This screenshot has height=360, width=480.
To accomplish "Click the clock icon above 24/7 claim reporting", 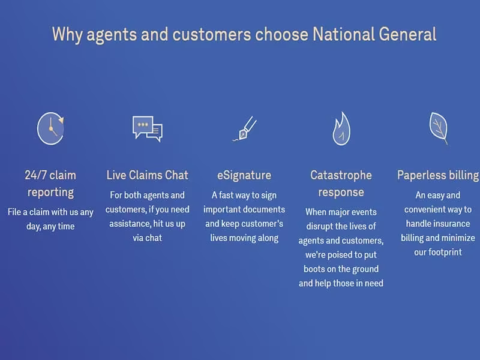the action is click(50, 128).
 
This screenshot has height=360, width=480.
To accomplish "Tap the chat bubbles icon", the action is click(148, 128).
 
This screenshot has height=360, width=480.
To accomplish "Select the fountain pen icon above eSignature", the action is click(244, 128).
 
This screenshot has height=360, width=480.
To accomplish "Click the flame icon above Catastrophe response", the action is click(341, 128).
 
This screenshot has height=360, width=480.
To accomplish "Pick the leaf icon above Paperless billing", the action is click(439, 128).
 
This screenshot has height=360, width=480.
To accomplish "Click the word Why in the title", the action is click(67, 34).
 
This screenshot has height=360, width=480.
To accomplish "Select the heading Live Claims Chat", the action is click(148, 175).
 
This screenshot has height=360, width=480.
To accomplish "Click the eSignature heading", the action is click(244, 175).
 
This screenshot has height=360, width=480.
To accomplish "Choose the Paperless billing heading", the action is click(438, 175).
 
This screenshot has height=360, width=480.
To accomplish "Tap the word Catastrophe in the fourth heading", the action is click(341, 175).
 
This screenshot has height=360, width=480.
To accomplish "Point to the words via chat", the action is click(147, 238).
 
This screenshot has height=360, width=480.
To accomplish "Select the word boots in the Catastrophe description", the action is click(314, 269).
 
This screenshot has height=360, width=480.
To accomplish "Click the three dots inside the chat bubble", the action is click(143, 125).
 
